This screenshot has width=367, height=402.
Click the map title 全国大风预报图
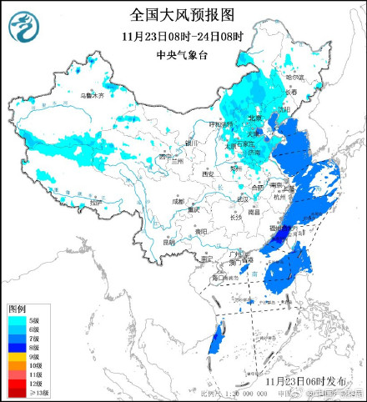click(183, 14)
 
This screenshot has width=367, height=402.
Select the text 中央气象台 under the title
click(183, 55)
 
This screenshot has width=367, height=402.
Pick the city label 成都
click(178, 201)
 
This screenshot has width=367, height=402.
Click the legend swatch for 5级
click(13, 319)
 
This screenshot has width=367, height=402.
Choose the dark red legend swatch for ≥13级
click(13, 391)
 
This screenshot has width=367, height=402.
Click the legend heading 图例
click(18, 309)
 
